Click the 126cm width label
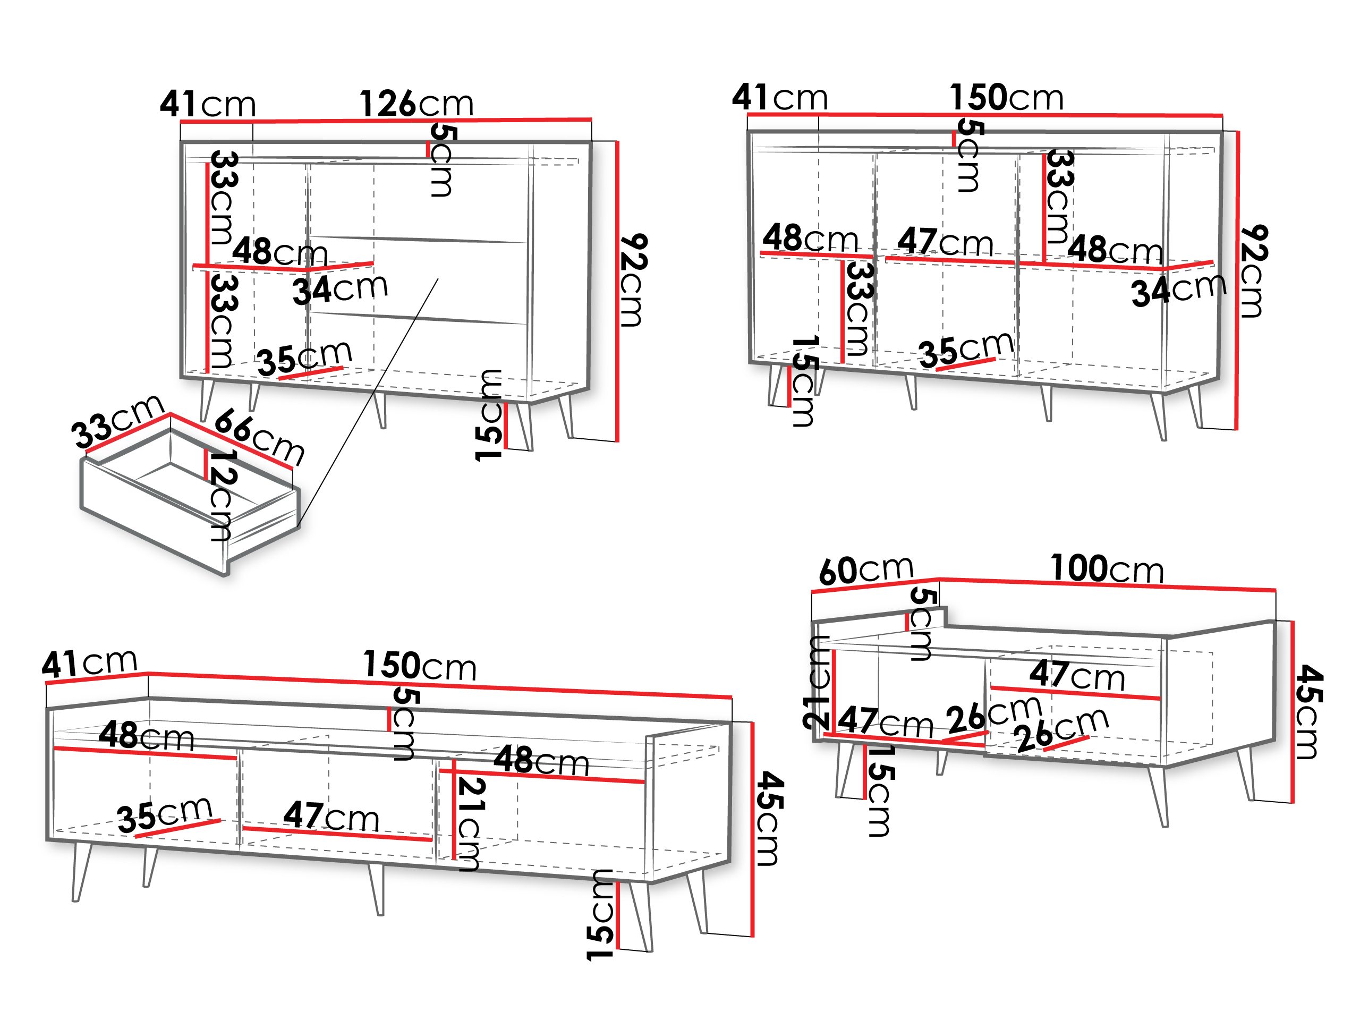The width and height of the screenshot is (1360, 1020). point(416,103)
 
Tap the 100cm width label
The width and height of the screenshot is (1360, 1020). point(1107,569)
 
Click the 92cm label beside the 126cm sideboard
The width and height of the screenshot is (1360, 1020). point(633,280)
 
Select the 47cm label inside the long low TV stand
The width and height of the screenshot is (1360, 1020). point(331,816)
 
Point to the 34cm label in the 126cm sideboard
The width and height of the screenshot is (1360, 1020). point(340,289)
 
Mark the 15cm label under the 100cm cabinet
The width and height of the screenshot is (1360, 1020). point(881,790)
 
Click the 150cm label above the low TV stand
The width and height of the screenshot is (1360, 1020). point(420,665)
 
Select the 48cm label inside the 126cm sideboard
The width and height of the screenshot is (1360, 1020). point(280,251)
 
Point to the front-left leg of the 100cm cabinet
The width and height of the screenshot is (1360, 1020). point(845,770)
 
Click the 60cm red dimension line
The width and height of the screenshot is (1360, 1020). point(875,585)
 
